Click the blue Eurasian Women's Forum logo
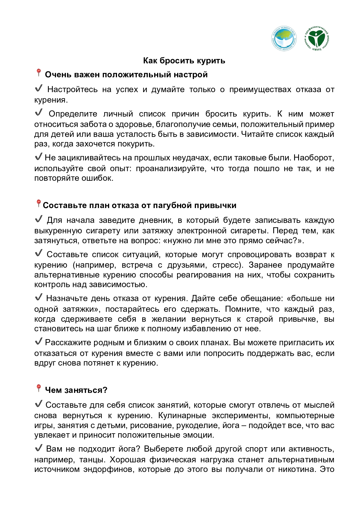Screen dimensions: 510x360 coord(284,38)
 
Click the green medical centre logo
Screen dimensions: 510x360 coord(316,38)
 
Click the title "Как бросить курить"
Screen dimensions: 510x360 coord(184,60)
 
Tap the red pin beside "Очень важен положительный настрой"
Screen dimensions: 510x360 coord(38,73)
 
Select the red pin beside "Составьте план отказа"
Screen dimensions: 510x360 coord(38,203)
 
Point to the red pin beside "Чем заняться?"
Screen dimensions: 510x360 coord(38,388)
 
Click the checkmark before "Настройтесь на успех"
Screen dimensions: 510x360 coord(39,88)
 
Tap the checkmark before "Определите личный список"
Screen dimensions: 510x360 coord(39,112)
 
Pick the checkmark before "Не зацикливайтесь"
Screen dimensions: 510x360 coord(39,157)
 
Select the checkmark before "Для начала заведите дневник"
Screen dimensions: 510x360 coord(39,219)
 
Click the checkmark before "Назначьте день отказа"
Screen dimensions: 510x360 coord(39,297)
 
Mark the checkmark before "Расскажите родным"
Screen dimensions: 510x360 coord(39,341)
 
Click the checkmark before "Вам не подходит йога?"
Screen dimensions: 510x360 coord(39,448)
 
